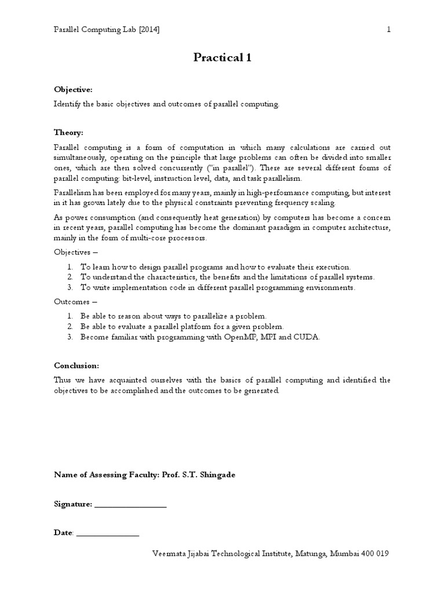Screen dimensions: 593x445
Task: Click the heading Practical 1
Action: [222, 58]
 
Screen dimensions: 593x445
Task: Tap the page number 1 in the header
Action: [389, 30]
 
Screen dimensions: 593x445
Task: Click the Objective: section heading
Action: [73, 90]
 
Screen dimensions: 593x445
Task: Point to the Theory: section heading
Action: [68, 133]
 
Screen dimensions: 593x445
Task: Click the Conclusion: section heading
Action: [76, 365]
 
